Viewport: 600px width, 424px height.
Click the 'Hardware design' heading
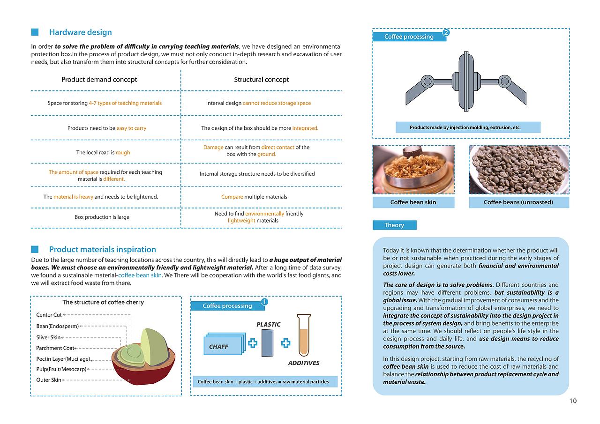[80, 32]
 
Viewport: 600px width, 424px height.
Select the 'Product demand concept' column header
[99, 80]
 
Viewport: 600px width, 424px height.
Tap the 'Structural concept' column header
[261, 80]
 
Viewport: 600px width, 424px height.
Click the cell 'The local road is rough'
[103, 152]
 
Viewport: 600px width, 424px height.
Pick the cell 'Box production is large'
[102, 217]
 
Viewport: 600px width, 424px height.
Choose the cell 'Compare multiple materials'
[254, 197]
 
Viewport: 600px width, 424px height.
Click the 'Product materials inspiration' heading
[102, 249]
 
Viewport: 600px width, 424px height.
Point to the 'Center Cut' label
[49, 315]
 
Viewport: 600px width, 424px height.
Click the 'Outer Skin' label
[49, 380]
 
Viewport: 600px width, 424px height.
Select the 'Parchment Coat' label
[55, 348]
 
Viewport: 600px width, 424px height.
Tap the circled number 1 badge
[264, 302]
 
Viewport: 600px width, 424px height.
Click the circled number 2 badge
[446, 33]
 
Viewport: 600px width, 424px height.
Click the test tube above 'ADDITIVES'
[304, 334]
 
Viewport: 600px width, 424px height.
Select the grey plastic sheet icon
[268, 343]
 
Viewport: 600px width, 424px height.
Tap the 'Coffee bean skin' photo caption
[413, 202]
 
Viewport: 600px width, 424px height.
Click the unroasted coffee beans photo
[519, 170]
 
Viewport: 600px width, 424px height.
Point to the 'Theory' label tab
[394, 225]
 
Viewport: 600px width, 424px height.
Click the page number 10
[573, 401]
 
